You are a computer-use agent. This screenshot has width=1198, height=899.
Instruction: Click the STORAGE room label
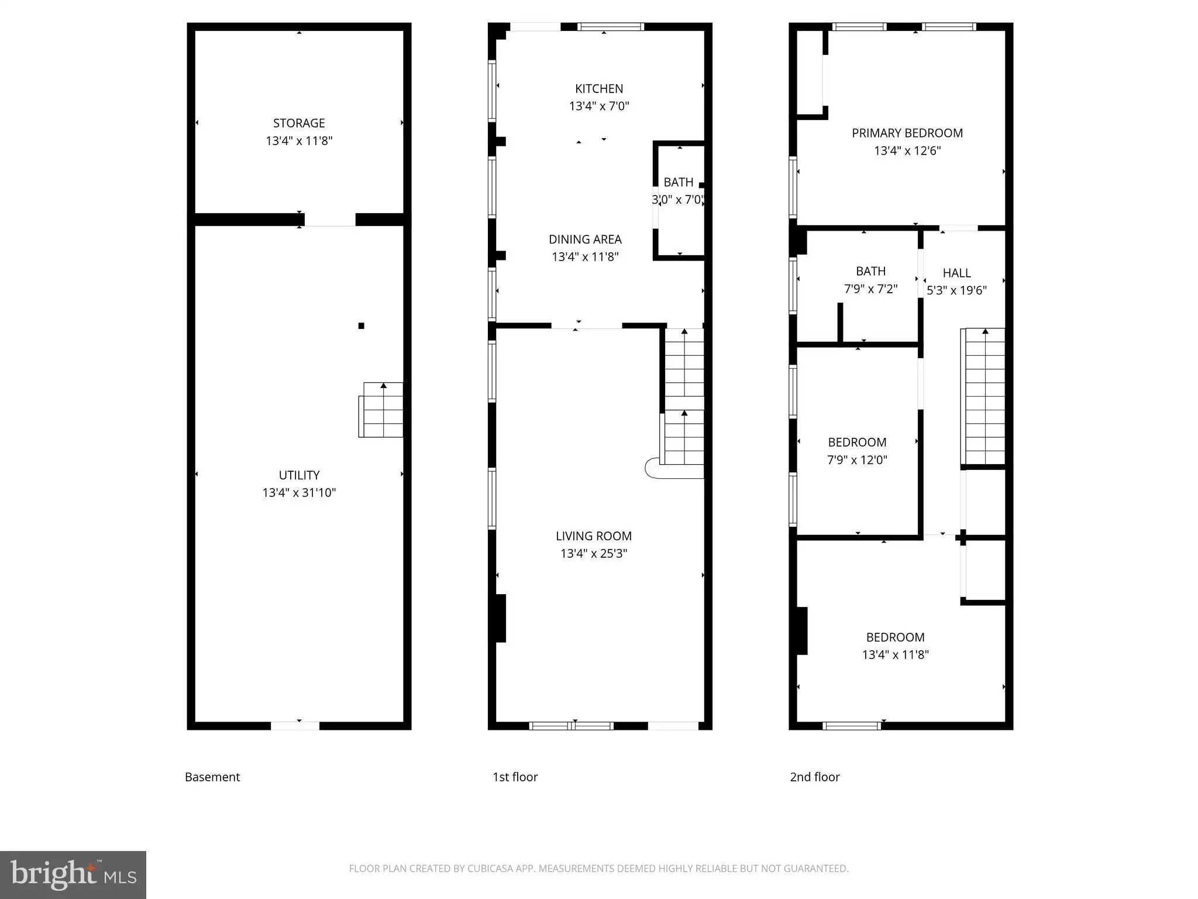(x=299, y=123)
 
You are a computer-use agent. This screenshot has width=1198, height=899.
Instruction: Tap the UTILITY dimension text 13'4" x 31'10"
(x=299, y=493)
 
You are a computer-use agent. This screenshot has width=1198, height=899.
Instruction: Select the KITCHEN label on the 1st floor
(x=599, y=89)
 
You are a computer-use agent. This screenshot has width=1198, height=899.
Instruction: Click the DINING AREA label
(x=585, y=239)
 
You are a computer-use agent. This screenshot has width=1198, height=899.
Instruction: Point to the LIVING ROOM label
(x=594, y=536)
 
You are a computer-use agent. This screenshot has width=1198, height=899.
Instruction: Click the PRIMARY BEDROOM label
(x=907, y=133)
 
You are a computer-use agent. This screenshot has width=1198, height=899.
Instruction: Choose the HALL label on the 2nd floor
(x=957, y=273)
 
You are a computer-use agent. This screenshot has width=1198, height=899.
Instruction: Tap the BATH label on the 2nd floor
(x=870, y=272)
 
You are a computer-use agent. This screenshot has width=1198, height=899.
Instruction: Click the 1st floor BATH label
(x=679, y=183)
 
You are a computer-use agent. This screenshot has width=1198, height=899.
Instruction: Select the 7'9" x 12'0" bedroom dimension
(x=857, y=460)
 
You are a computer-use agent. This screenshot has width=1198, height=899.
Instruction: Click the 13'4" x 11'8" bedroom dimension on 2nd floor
(x=895, y=655)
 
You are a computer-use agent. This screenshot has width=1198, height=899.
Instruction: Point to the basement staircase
(x=381, y=410)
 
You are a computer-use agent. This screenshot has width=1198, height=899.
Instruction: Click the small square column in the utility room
(x=362, y=326)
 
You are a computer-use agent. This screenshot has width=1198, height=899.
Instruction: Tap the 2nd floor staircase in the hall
(x=983, y=397)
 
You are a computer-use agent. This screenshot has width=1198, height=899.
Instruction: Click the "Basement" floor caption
(x=212, y=777)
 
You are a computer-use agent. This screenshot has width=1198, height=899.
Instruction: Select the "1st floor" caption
(x=515, y=777)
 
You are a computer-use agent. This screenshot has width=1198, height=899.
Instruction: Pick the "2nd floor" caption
(x=815, y=777)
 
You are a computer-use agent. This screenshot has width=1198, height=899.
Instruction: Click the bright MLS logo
(x=73, y=875)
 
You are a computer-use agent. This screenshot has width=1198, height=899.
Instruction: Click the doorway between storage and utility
(x=330, y=219)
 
